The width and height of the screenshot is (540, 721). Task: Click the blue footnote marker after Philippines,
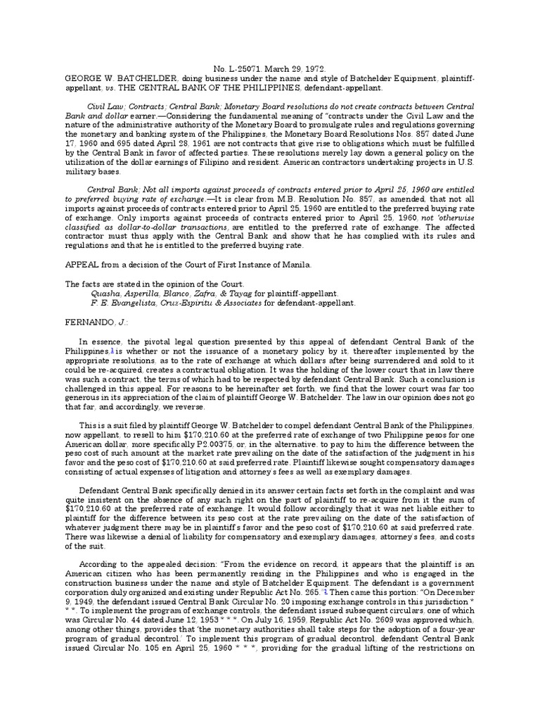(110, 349)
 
